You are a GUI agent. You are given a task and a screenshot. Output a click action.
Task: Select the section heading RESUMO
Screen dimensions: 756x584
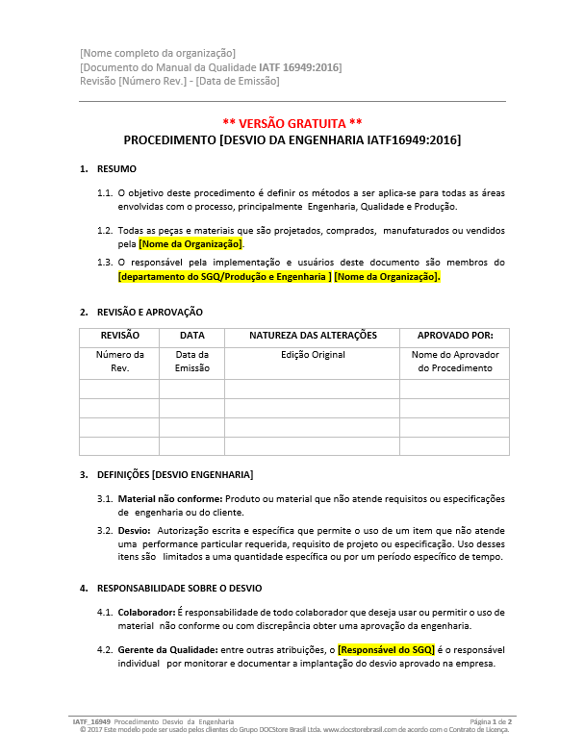116,169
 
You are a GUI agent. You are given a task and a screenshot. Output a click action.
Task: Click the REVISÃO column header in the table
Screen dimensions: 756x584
119,336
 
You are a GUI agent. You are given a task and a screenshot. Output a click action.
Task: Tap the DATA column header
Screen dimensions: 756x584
191,336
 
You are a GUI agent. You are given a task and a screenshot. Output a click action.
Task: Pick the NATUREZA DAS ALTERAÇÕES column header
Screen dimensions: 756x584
313,336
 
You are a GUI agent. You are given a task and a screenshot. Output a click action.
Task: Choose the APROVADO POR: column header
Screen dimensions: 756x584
454,336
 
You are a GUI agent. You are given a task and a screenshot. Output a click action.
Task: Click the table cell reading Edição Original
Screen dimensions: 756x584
313,355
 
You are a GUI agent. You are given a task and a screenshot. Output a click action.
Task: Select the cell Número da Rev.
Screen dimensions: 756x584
119,362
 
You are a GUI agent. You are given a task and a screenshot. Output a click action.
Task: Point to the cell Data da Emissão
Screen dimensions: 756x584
191,362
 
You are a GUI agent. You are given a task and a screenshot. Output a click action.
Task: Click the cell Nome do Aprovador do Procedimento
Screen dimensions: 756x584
454,362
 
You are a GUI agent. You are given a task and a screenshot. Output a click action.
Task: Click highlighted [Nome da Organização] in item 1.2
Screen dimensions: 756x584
190,244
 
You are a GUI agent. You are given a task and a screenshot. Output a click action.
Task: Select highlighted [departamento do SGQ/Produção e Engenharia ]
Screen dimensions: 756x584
224,277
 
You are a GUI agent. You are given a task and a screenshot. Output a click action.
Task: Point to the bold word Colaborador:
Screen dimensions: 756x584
146,612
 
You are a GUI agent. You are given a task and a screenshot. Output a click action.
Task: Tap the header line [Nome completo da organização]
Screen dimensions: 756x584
158,52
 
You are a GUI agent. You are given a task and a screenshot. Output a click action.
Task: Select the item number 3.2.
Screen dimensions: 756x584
105,530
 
